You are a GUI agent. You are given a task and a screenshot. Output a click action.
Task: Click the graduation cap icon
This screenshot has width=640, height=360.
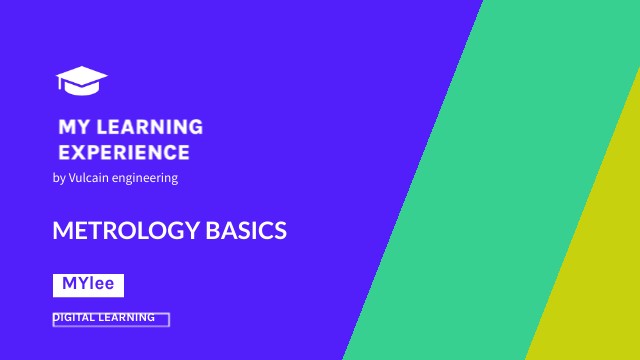[82, 80]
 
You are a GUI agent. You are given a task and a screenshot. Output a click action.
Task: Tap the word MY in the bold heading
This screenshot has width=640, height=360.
[74, 127]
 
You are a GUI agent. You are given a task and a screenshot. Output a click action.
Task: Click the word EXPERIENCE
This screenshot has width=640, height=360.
[124, 153]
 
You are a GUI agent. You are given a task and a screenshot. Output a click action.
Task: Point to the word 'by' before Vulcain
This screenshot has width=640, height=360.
[58, 178]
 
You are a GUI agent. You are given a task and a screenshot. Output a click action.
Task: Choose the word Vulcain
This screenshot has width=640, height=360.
[88, 178]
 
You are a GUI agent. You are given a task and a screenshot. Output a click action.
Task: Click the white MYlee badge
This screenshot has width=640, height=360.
[88, 284]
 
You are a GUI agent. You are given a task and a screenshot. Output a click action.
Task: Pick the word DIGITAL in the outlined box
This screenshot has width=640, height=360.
[76, 318]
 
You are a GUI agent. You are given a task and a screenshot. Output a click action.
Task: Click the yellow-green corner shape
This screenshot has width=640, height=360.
[600, 280]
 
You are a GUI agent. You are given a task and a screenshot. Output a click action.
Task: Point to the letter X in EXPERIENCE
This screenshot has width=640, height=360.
[82, 153]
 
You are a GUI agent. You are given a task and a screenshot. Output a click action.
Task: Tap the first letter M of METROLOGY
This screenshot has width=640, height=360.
[61, 231]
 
